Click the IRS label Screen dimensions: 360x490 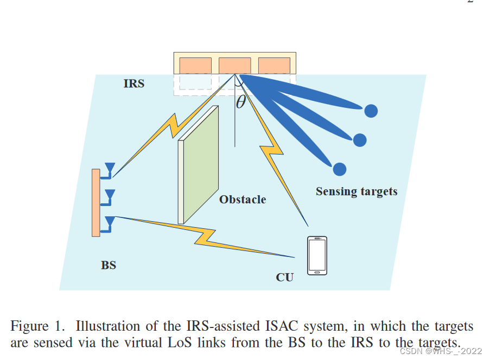133,84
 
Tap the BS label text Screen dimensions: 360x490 109,266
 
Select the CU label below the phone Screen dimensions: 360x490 284,278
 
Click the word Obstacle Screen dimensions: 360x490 243,200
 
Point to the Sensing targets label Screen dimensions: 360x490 357,191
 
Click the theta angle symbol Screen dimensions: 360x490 241,101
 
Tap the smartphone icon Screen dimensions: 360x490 317,255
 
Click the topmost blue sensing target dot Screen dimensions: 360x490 371,111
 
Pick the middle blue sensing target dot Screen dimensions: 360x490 360,140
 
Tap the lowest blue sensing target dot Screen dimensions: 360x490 339,169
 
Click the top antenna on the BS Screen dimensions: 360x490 110,168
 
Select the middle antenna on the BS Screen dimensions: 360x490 110,195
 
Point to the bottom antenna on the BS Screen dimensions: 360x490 110,221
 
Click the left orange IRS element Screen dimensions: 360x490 195,65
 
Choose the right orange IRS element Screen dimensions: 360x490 274,65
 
